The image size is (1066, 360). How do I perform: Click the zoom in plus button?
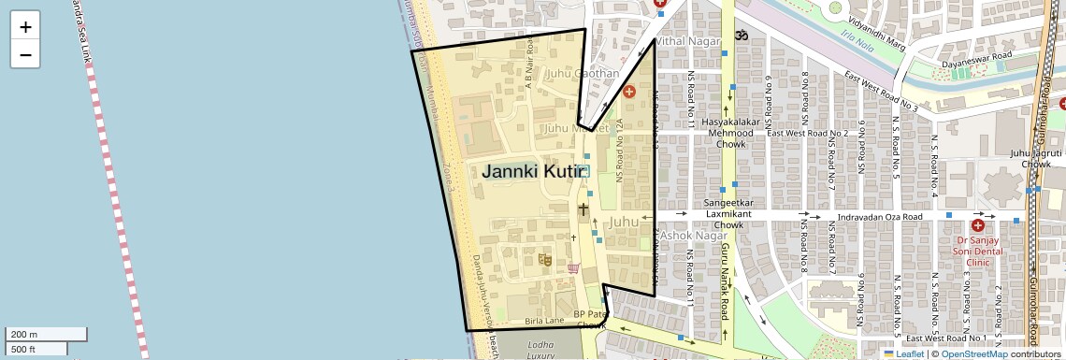tap(25, 27)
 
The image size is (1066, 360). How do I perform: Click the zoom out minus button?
tap(25, 54)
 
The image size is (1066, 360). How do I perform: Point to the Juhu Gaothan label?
tap(583, 73)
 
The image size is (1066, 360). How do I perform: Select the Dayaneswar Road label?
tap(977, 56)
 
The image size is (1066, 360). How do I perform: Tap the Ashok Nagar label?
tap(693, 237)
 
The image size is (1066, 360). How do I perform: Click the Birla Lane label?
tap(544, 321)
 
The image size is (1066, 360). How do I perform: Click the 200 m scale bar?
tap(47, 335)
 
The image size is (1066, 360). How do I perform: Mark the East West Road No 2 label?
tap(807, 133)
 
